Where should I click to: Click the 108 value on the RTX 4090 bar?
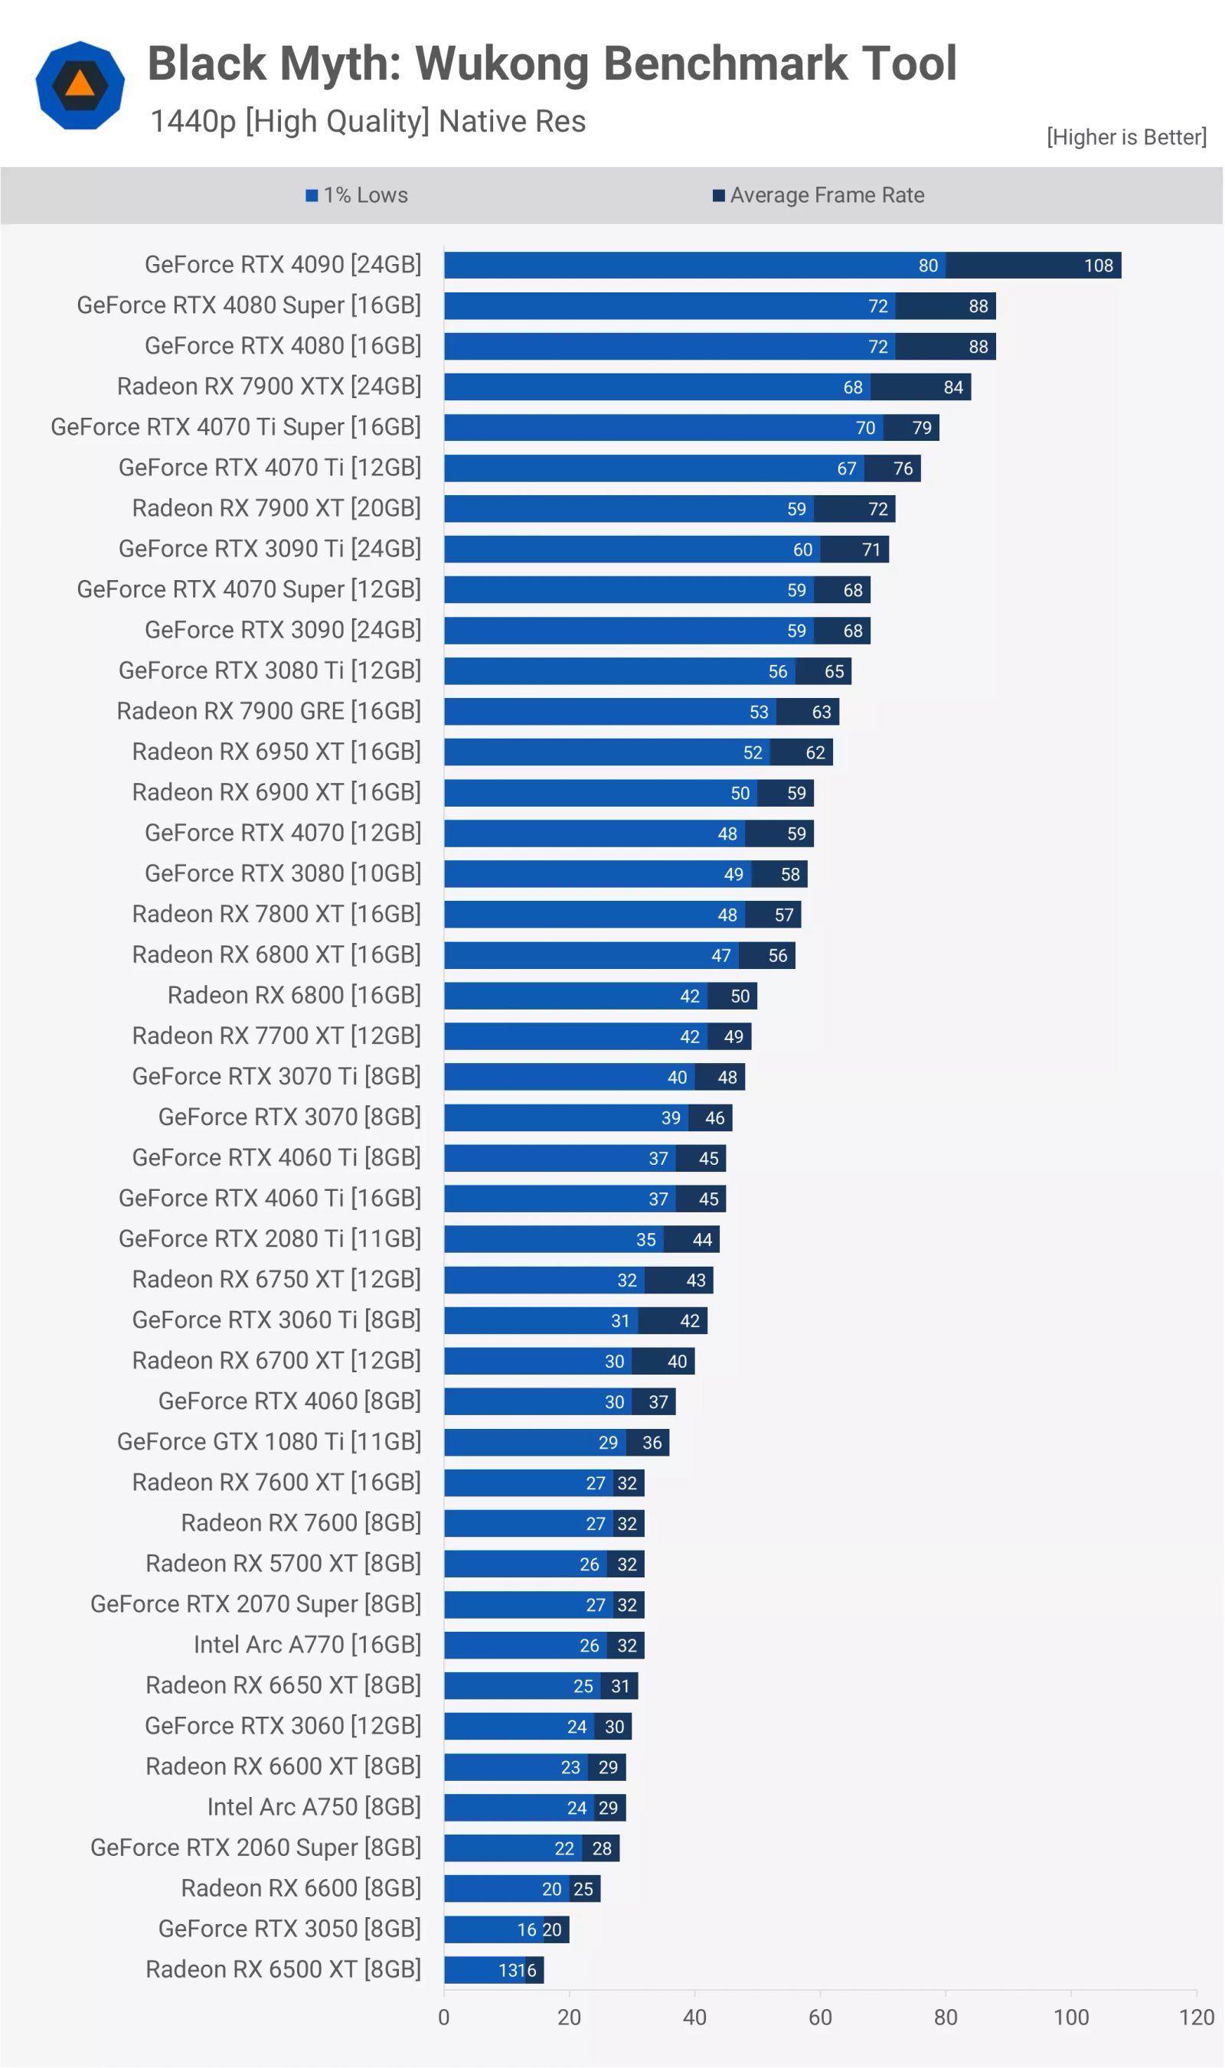(x=1098, y=266)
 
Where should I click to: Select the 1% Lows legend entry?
(x=357, y=196)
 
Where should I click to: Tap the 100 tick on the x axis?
(x=1070, y=2017)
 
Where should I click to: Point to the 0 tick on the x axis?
(x=444, y=2017)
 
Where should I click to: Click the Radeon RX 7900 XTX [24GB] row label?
(x=269, y=387)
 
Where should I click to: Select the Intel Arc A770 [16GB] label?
(x=307, y=1645)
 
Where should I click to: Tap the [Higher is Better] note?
(x=1126, y=137)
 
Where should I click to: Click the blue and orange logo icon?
(x=80, y=85)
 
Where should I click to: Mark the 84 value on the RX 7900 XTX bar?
(x=953, y=387)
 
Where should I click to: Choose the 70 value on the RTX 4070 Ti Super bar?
(x=865, y=428)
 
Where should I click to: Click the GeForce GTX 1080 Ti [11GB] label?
(x=269, y=1442)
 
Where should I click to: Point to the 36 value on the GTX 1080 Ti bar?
(x=652, y=1443)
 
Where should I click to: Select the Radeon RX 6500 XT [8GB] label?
(x=283, y=1969)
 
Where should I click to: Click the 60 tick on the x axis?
(x=820, y=2017)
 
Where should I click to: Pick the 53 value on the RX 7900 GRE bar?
(x=759, y=712)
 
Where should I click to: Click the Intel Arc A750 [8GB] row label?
(x=314, y=1806)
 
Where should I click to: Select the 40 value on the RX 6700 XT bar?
(x=677, y=1362)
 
